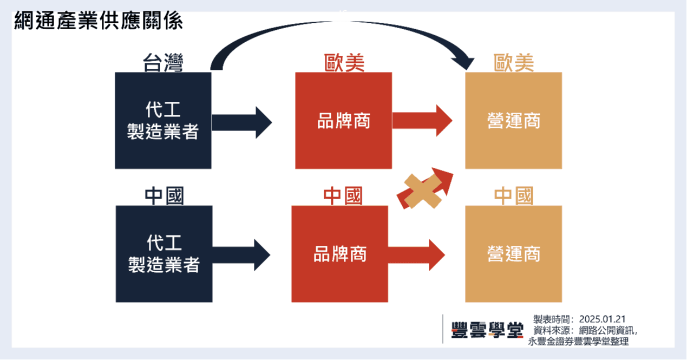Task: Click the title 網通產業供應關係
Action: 99,22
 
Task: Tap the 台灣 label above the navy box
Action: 163,63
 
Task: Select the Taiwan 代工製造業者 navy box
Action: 163,120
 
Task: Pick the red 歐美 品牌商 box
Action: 343,120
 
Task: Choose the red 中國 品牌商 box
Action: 340,254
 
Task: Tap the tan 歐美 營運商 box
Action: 513,120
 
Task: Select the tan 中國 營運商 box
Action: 513,254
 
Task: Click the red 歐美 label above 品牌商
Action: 344,63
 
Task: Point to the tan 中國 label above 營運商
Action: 513,196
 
